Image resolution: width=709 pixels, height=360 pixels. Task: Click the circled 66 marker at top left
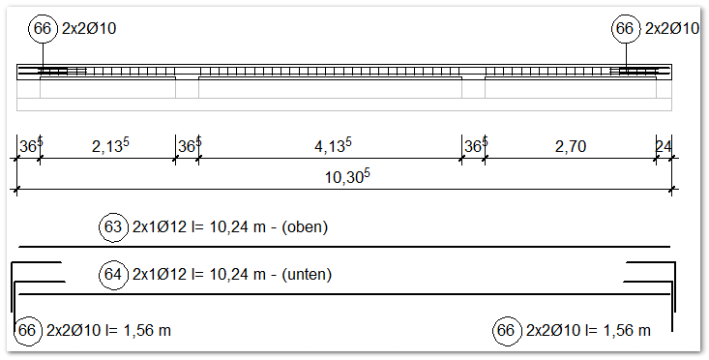[x=43, y=29]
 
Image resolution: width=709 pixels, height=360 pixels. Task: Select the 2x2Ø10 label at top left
[x=89, y=29]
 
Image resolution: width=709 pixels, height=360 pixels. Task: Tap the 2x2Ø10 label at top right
[x=671, y=29]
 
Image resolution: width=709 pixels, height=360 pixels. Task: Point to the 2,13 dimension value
[x=109, y=146]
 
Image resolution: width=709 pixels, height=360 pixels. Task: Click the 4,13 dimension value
[x=332, y=146]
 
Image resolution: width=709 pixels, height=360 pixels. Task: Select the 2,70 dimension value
[x=571, y=147]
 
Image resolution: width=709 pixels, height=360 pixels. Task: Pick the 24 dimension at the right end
[x=665, y=147]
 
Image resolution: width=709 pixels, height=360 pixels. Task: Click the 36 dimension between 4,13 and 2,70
[x=474, y=146]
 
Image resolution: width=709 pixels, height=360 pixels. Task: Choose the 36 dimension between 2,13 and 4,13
[x=188, y=146]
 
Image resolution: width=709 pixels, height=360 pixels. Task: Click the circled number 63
[x=113, y=228]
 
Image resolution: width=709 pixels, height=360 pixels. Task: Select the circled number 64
[x=113, y=275]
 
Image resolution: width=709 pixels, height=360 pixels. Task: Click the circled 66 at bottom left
[x=27, y=331]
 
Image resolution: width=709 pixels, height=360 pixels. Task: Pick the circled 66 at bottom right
[x=506, y=331]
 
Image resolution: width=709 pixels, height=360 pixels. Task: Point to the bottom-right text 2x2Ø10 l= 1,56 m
[x=587, y=331]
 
